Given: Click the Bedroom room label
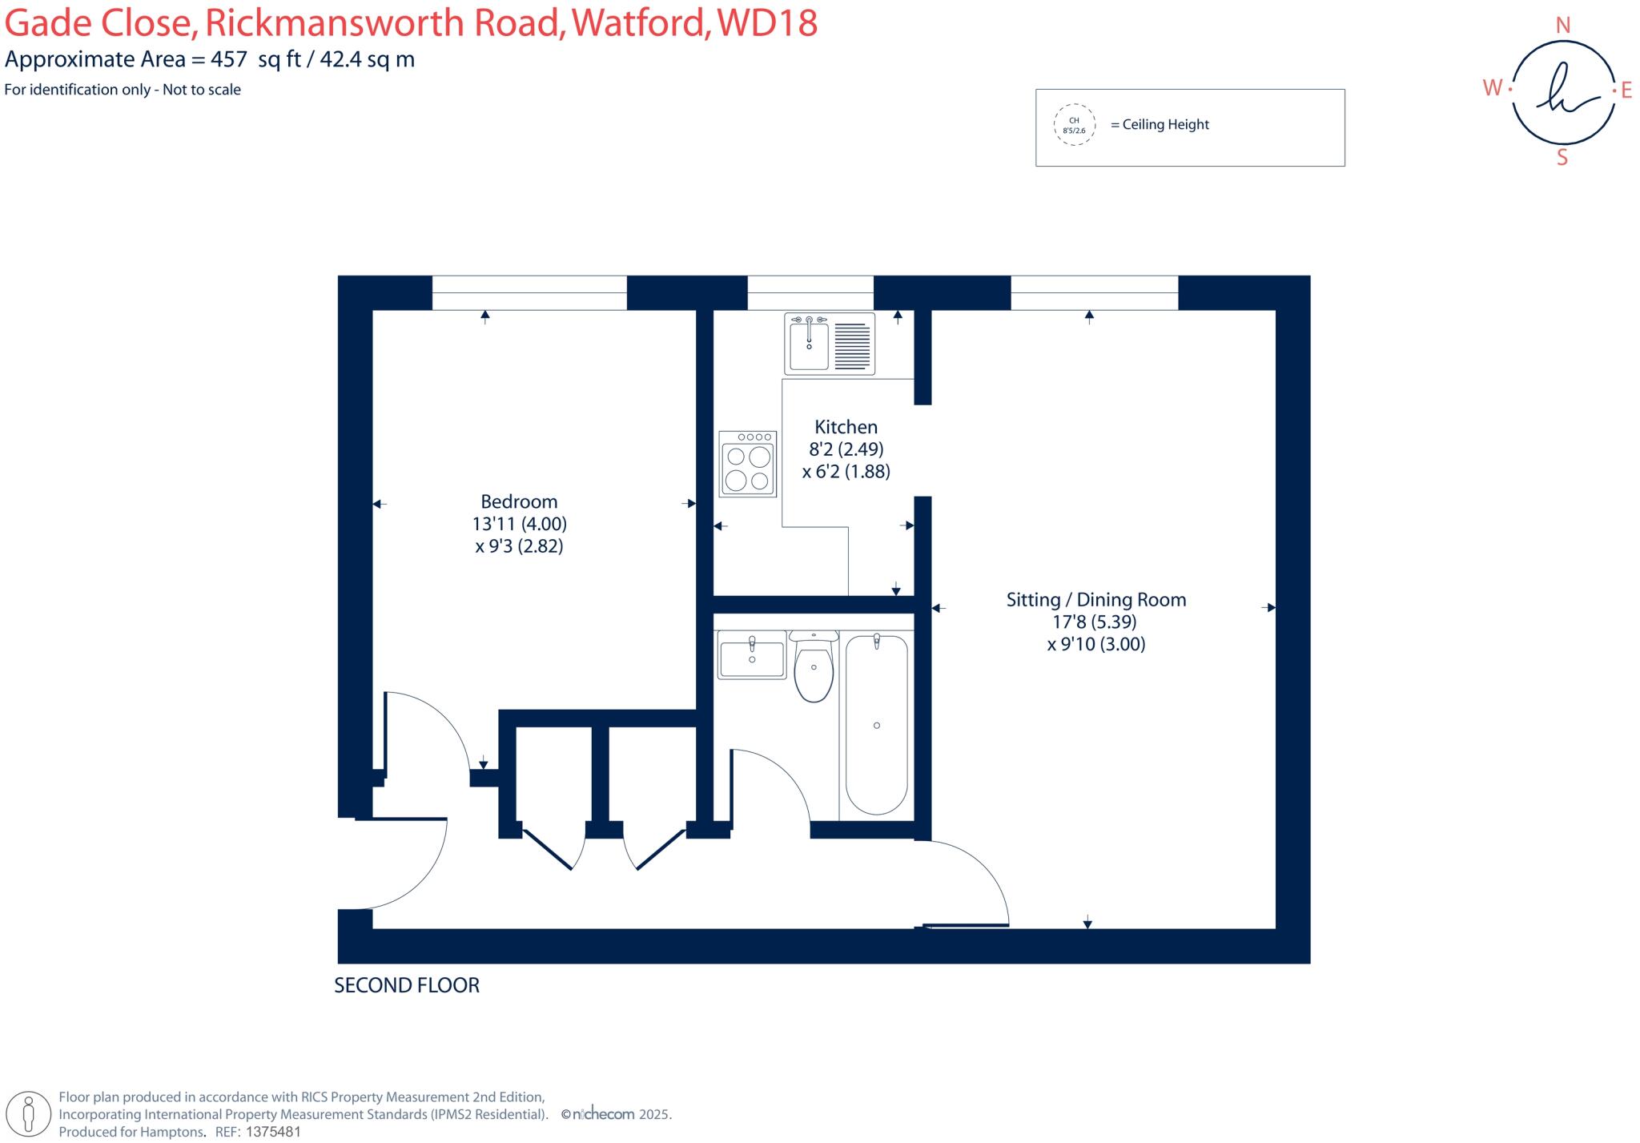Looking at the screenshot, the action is pyautogui.click(x=519, y=502).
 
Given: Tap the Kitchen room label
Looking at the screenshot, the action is pyautogui.click(x=846, y=427).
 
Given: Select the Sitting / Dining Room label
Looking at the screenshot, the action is pyautogui.click(x=1095, y=600).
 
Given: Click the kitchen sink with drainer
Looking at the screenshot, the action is pyautogui.click(x=829, y=344).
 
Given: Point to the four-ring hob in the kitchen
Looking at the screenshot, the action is pyautogui.click(x=747, y=464).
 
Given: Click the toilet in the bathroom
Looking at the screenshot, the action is pyautogui.click(x=814, y=667).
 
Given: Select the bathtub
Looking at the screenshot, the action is pyautogui.click(x=876, y=724).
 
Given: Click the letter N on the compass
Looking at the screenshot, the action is pyautogui.click(x=1562, y=26).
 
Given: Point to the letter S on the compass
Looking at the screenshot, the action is pyautogui.click(x=1562, y=158).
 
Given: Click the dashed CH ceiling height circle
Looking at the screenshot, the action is pyautogui.click(x=1074, y=125).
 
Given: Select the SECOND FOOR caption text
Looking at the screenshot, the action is pyautogui.click(x=407, y=985).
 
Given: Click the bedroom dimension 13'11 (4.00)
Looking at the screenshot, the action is pyautogui.click(x=519, y=525).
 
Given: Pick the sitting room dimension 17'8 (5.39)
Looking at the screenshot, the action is pyautogui.click(x=1095, y=622).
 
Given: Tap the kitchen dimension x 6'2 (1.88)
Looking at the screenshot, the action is pyautogui.click(x=846, y=472).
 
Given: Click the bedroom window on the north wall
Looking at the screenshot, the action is pyautogui.click(x=529, y=292).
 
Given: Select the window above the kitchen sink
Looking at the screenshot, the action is pyautogui.click(x=810, y=292).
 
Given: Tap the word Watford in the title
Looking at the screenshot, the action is pyautogui.click(x=639, y=23).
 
